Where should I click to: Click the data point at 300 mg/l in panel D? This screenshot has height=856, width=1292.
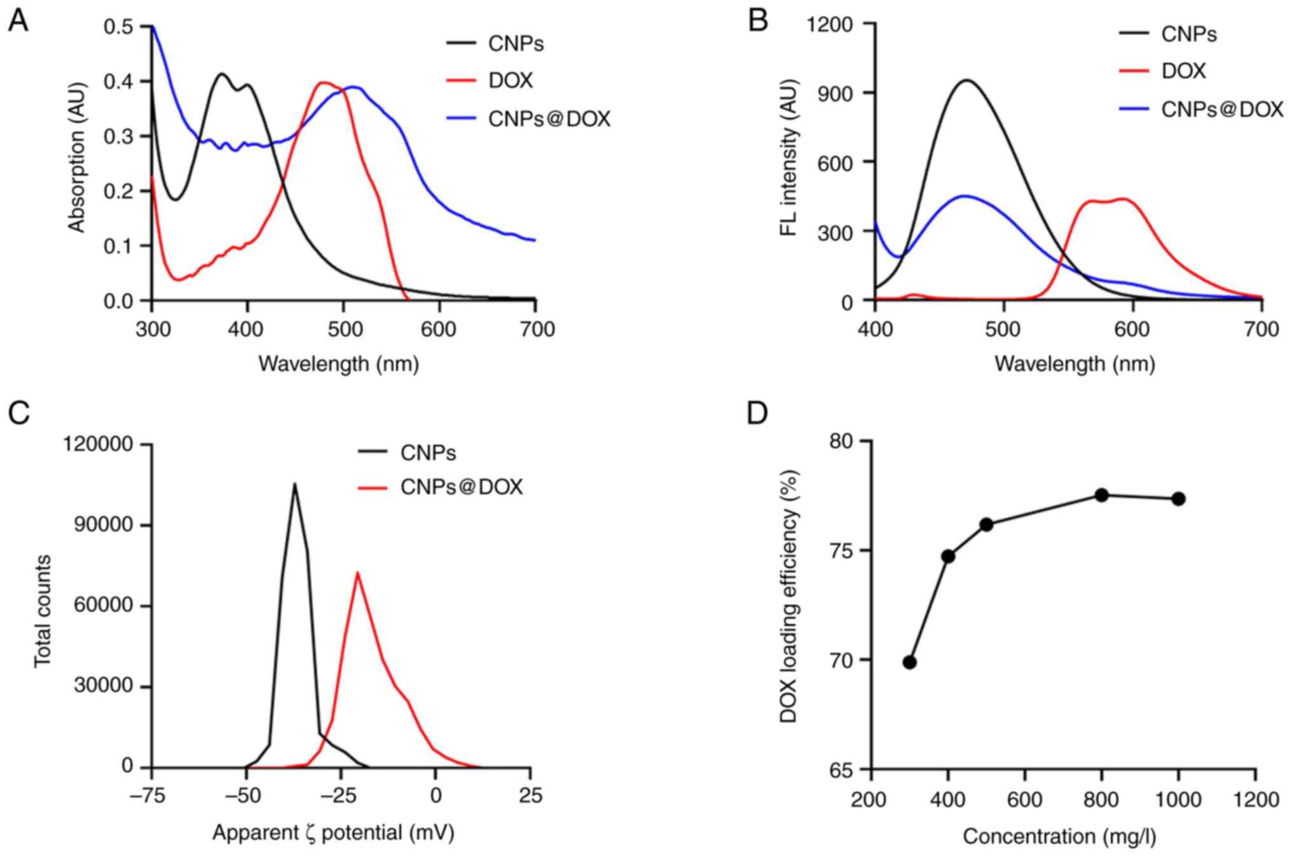tap(909, 662)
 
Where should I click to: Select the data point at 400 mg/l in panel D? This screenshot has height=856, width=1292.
tap(948, 556)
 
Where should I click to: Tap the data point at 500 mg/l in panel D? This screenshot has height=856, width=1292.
tap(987, 524)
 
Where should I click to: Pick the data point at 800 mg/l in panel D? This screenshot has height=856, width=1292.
tap(1102, 495)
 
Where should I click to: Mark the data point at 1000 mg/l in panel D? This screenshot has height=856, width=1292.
tap(1178, 499)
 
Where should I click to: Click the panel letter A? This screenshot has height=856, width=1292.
tap(18, 22)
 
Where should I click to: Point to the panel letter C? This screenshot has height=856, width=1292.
tap(18, 413)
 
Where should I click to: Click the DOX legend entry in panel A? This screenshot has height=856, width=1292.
tap(510, 81)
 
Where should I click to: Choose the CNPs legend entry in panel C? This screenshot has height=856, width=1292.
tap(428, 453)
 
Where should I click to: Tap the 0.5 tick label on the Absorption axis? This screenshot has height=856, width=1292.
tap(119, 27)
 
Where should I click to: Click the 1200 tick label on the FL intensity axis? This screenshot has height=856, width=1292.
tap(830, 25)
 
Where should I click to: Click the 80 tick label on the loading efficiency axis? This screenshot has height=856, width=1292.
tap(843, 441)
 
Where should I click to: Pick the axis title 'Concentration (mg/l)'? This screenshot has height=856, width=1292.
tap(1059, 836)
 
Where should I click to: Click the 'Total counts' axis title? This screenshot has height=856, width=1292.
tap(43, 611)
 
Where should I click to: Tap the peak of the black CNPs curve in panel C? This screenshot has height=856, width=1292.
tap(294, 484)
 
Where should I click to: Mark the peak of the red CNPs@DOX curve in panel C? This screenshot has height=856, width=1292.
tap(357, 573)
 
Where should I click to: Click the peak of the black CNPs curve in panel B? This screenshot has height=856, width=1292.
tap(966, 80)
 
